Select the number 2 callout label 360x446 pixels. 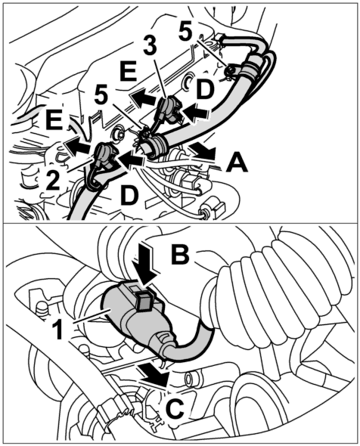pyautogui.click(x=53, y=178)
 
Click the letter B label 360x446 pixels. pyautogui.click(x=180, y=253)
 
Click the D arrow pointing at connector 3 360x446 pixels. pyautogui.click(x=195, y=112)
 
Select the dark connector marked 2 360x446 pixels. pyautogui.click(x=104, y=156)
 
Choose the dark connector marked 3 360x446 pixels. pyautogui.click(x=169, y=109)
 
